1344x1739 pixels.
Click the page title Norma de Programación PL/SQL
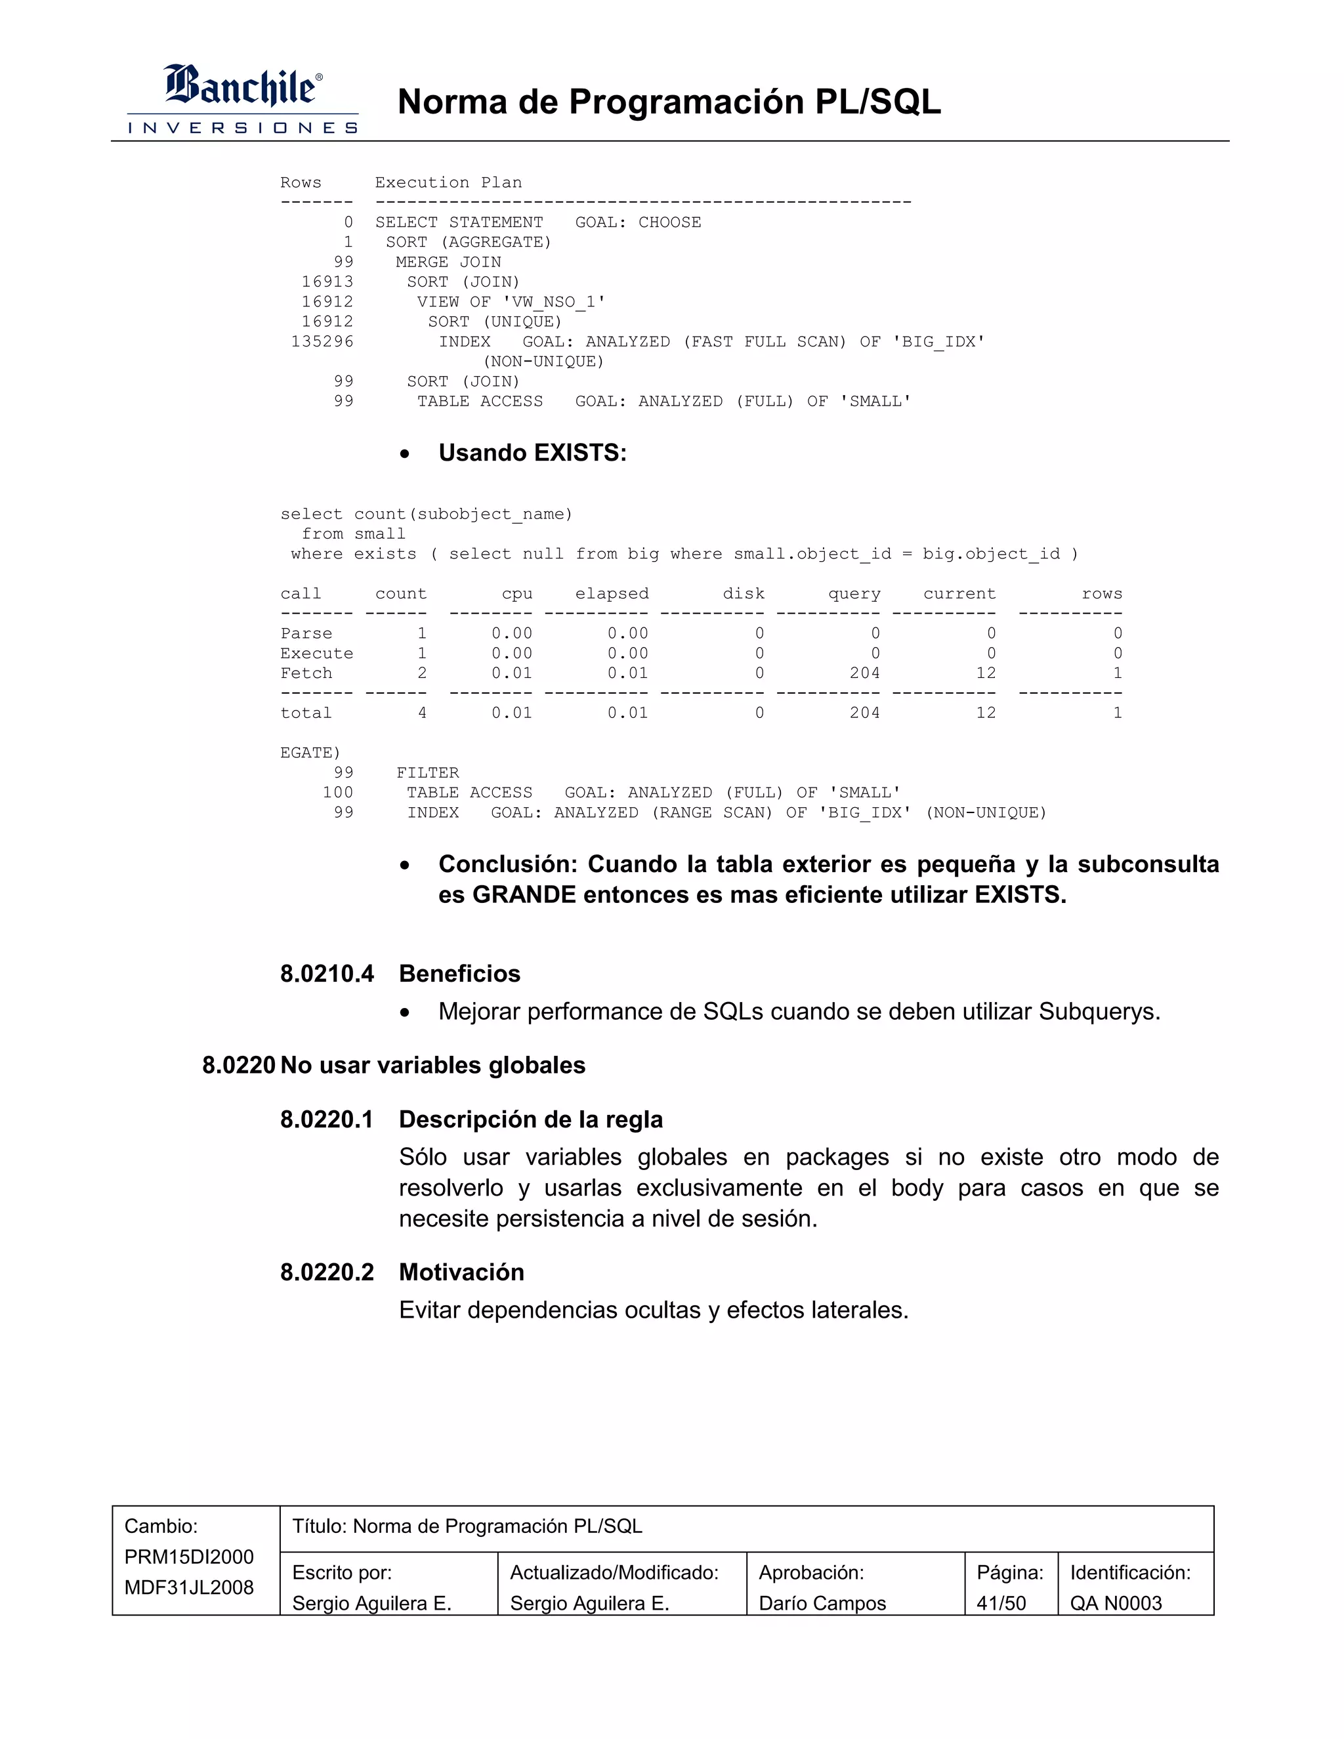pyautogui.click(x=669, y=102)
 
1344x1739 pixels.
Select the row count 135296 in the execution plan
pyautogui.click(x=322, y=342)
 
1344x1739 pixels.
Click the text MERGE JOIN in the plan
pyautogui.click(x=448, y=262)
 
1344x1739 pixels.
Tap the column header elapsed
pyautogui.click(x=612, y=593)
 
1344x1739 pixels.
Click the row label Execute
pyautogui.click(x=316, y=653)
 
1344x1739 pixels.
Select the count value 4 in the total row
pyautogui.click(x=422, y=713)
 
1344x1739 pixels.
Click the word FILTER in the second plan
pyautogui.click(x=428, y=772)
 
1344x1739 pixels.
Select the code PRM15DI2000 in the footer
pyautogui.click(x=189, y=1557)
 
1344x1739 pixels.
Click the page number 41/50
pyautogui.click(x=1001, y=1603)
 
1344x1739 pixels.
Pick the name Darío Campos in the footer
pyautogui.click(x=822, y=1603)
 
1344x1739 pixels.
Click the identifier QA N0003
pyautogui.click(x=1116, y=1603)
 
